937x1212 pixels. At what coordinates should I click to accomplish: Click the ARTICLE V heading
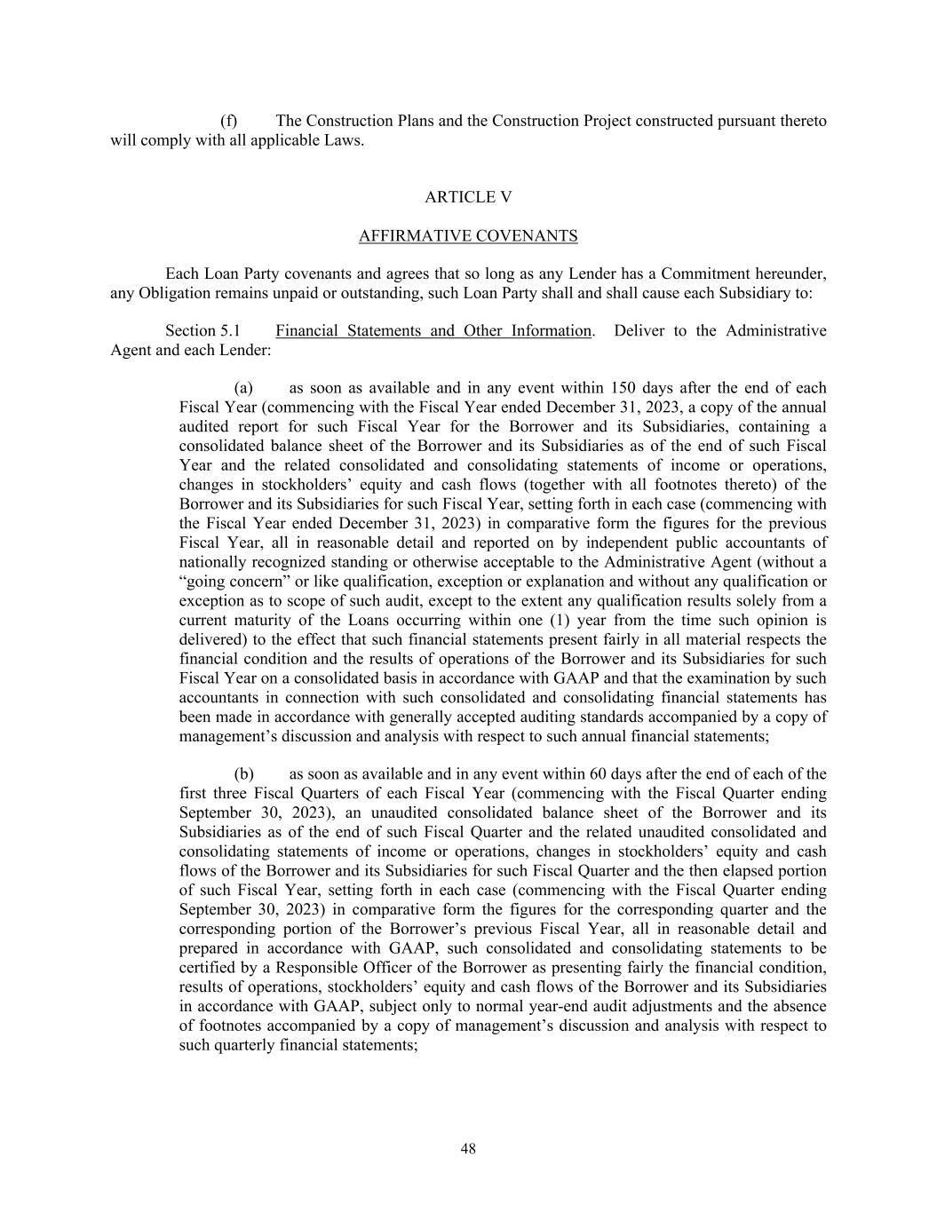click(468, 197)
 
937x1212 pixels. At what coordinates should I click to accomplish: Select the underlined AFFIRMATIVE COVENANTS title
click(468, 236)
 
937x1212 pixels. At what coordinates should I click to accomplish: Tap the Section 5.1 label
click(202, 331)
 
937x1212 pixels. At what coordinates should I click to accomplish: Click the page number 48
click(468, 1149)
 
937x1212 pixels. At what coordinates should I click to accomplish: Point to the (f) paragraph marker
click(228, 121)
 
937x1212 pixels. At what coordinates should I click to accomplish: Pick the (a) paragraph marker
click(243, 388)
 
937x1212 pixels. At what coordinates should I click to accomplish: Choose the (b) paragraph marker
click(243, 774)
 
